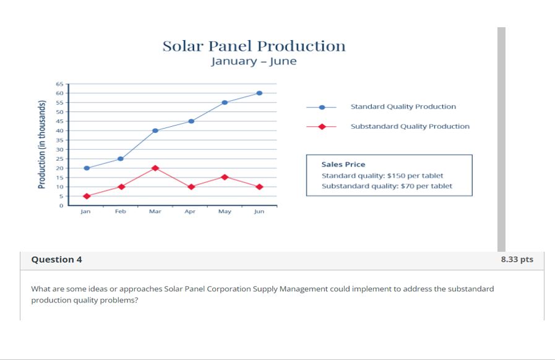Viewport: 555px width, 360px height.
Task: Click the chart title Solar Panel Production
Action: coord(254,46)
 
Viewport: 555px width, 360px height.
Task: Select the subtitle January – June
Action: coord(254,61)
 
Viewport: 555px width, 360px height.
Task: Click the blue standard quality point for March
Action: coord(155,131)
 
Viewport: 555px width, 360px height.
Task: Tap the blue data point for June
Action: coord(259,93)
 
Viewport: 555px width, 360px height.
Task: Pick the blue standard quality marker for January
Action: coord(87,168)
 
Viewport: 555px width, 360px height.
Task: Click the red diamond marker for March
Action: coord(155,168)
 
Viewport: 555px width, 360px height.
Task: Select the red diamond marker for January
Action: coord(87,196)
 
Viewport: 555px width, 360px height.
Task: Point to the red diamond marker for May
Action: coord(225,177)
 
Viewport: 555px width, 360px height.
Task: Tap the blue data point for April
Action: coord(191,121)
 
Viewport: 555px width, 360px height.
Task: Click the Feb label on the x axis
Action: coord(120,212)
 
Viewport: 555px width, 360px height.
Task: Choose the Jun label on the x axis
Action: coord(259,212)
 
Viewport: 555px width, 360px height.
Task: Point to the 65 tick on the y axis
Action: coord(60,84)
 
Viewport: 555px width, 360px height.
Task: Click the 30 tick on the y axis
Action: coord(60,150)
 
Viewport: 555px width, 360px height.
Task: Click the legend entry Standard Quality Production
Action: coord(403,106)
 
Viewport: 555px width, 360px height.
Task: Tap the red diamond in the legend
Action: coord(322,126)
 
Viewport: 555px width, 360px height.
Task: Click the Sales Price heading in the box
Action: coord(343,165)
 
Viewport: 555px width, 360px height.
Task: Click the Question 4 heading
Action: coord(56,259)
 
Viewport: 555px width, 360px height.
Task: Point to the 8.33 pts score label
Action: coord(517,259)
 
